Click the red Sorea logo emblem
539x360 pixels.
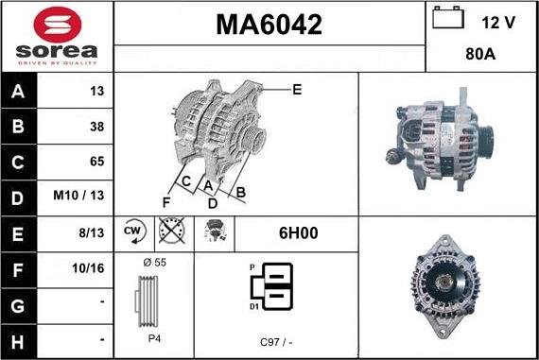[58, 25]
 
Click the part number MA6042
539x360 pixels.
[269, 25]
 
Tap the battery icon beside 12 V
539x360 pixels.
[448, 18]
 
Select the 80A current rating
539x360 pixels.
[480, 54]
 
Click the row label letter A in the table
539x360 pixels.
[18, 92]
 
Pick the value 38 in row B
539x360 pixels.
[97, 127]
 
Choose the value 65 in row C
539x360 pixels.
[97, 162]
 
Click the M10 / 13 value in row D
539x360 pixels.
[78, 196]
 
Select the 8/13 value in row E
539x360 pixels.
[92, 232]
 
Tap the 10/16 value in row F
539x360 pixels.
[88, 268]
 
